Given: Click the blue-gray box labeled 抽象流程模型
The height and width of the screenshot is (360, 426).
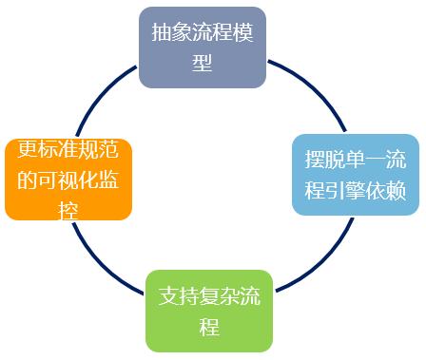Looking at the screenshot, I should click(202, 47).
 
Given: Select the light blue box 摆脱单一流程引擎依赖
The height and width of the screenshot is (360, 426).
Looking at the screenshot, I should click(355, 175).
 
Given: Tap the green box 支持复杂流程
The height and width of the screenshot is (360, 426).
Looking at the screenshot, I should click(209, 311).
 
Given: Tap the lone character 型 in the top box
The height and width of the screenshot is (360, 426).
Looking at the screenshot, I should click(202, 64).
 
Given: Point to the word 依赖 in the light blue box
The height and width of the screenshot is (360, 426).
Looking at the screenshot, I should click(389, 191).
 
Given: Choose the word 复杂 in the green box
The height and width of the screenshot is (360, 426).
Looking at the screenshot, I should click(220, 295).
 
